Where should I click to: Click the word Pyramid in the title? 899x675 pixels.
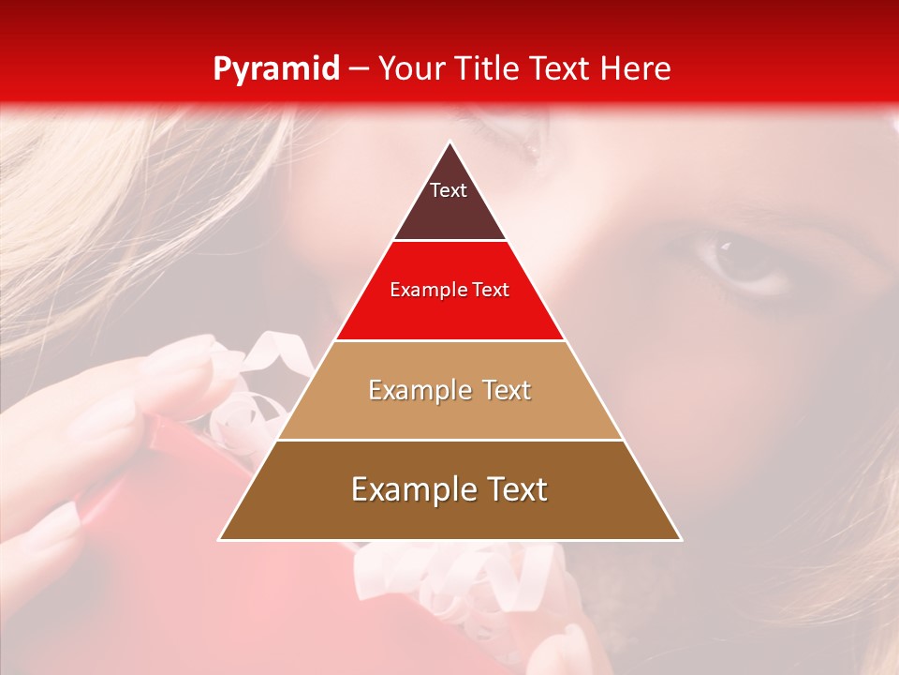pyautogui.click(x=275, y=69)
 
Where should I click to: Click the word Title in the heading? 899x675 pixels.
pyautogui.click(x=488, y=68)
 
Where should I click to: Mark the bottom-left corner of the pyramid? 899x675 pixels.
pyautogui.click(x=220, y=540)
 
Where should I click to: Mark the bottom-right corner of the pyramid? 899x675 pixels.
pyautogui.click(x=681, y=540)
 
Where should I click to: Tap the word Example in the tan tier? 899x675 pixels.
pyautogui.click(x=420, y=390)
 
